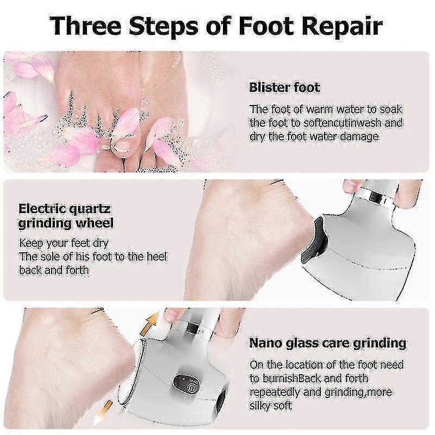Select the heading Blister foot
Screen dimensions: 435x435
[x=284, y=87]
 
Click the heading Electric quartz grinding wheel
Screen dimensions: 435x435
[x=66, y=216]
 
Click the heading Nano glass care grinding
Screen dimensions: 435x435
[x=327, y=343]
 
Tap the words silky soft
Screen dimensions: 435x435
[x=271, y=405]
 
